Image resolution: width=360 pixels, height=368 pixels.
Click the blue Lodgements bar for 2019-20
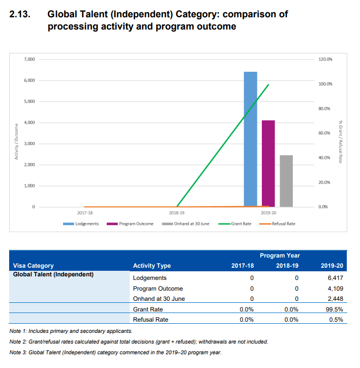(250, 139)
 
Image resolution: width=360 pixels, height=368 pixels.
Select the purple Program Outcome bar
(268, 163)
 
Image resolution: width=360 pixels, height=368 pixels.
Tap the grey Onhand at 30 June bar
(286, 181)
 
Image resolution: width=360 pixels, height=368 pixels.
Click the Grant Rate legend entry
(237, 223)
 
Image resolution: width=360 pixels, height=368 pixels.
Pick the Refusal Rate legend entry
(279, 223)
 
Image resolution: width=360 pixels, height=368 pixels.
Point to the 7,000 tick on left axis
(30, 60)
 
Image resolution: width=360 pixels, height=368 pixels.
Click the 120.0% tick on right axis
(325, 60)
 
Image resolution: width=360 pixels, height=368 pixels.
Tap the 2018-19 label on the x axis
(176, 213)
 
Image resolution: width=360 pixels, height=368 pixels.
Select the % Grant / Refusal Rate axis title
(341, 141)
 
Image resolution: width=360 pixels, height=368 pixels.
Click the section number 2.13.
(20, 14)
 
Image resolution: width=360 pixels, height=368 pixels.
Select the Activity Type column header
(152, 265)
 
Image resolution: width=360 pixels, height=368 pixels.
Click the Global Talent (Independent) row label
(53, 275)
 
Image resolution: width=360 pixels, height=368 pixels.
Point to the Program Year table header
(279, 256)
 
